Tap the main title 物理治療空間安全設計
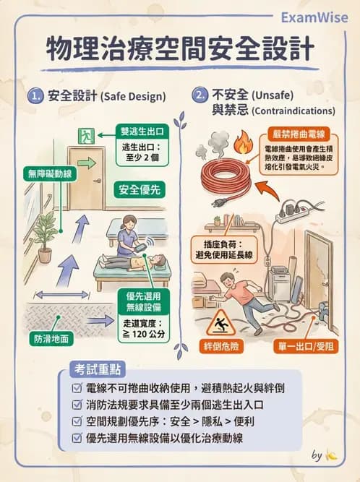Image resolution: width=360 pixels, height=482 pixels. coord(180,49)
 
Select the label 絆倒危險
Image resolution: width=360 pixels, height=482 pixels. coord(222,347)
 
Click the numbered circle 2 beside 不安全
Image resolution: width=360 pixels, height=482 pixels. coord(199,95)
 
